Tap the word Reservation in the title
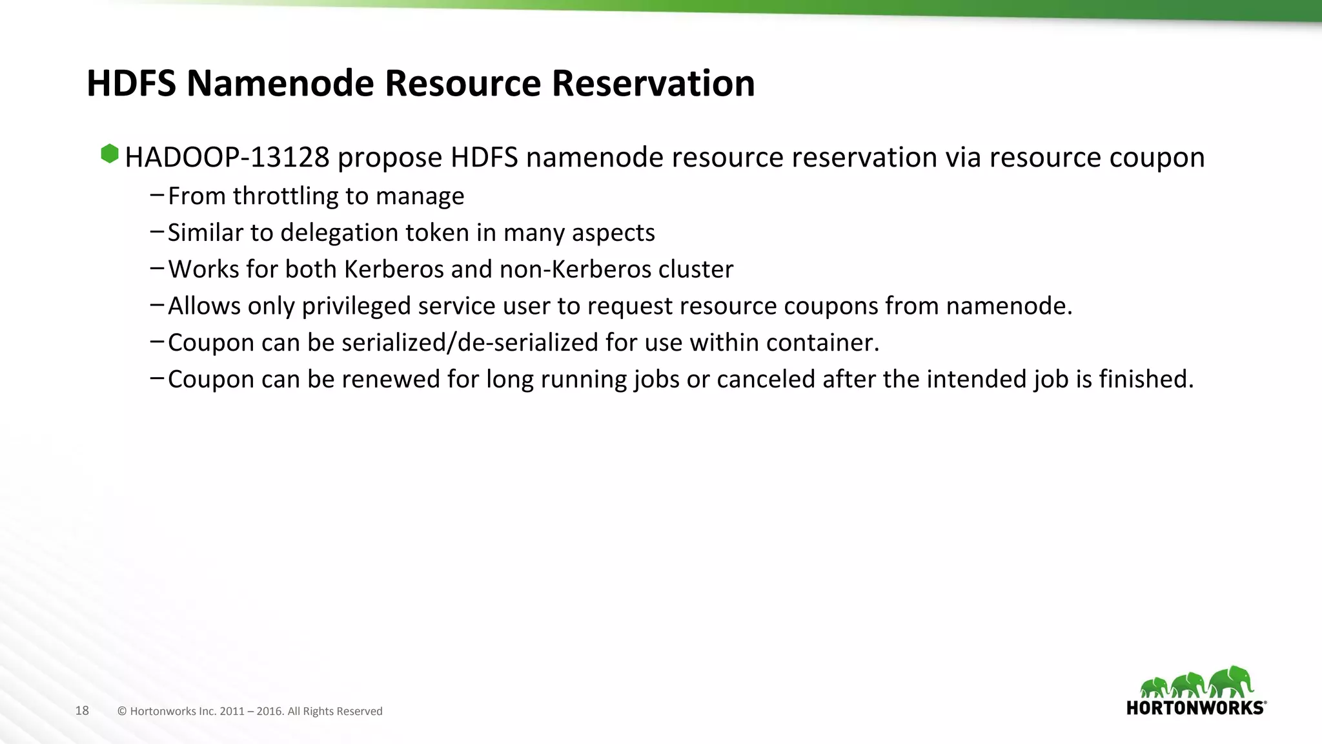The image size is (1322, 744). [653, 83]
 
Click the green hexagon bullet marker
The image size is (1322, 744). [110, 154]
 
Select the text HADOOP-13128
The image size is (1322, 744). [227, 158]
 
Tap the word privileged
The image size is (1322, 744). [356, 306]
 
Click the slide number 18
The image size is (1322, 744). [82, 711]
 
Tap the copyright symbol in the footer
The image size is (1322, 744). [122, 712]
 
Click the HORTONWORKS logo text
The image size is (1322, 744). [1195, 708]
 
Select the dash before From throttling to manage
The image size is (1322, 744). [156, 195]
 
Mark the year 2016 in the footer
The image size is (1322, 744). [270, 712]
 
